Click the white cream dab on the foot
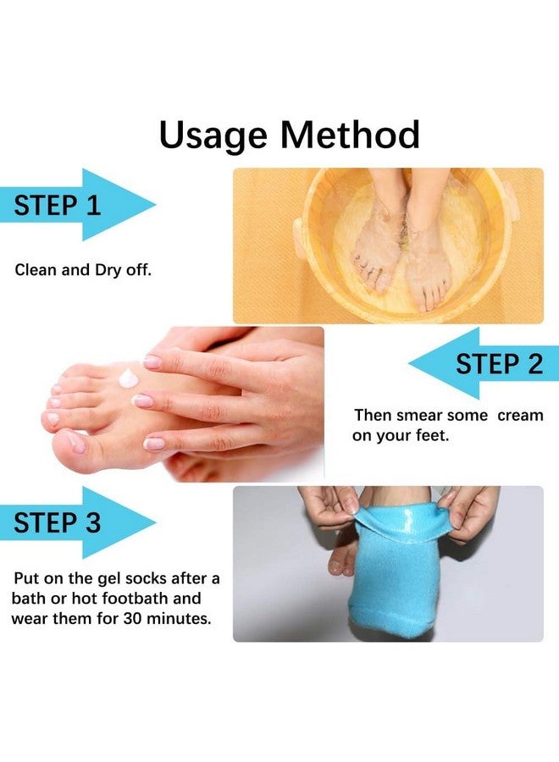click(x=129, y=376)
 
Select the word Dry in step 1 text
click(x=109, y=271)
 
